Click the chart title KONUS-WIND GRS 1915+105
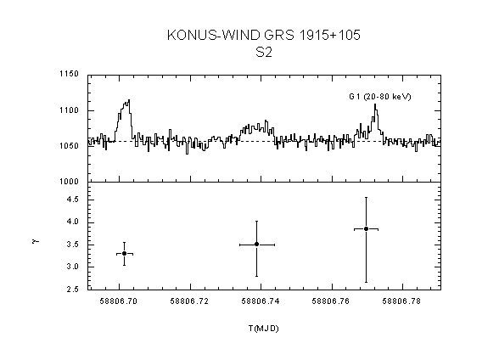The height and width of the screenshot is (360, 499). coord(263,35)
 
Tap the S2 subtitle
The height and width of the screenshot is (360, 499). coord(264,52)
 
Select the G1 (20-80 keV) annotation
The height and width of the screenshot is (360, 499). coord(380,97)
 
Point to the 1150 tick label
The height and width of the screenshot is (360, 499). coord(69,74)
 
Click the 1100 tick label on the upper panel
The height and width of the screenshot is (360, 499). coord(69,110)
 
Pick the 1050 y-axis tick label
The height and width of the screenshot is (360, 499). coord(69,146)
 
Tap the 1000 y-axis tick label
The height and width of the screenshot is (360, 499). coord(69,182)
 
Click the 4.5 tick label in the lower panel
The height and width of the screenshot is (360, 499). coord(72,200)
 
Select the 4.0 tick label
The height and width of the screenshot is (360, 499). coord(72,222)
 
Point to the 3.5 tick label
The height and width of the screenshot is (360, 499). coord(72,245)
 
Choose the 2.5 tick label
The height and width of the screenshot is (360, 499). coord(72,290)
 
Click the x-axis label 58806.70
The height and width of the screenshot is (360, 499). coord(119,301)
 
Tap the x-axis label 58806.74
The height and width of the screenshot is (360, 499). coord(261,301)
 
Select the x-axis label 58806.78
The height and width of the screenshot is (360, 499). coord(401,301)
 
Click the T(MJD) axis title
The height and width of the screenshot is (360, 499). coord(263,329)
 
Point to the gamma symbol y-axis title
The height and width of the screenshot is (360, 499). coord(36,241)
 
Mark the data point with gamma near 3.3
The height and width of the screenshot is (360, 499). coord(124,253)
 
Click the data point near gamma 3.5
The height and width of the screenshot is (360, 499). coord(256,245)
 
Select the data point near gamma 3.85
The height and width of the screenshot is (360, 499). coord(366,229)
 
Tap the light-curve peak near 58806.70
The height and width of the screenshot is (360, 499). coord(129,100)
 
